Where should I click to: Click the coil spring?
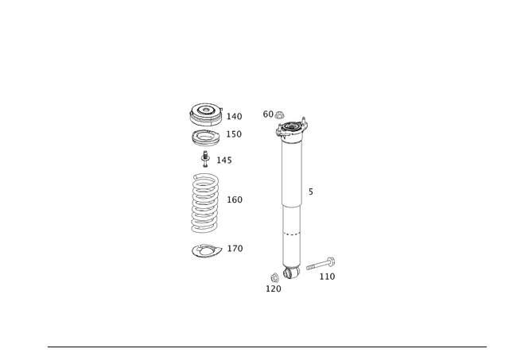point(205,203)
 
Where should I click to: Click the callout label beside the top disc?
point(235,116)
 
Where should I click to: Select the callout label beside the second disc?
point(235,133)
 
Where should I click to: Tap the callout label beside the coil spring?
point(235,199)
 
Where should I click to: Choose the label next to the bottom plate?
point(235,249)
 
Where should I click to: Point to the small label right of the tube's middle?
point(310,191)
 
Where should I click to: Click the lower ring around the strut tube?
point(293,234)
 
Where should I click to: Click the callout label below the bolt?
point(326,277)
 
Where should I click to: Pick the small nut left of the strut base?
point(274,278)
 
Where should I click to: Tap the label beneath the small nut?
point(273,290)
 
